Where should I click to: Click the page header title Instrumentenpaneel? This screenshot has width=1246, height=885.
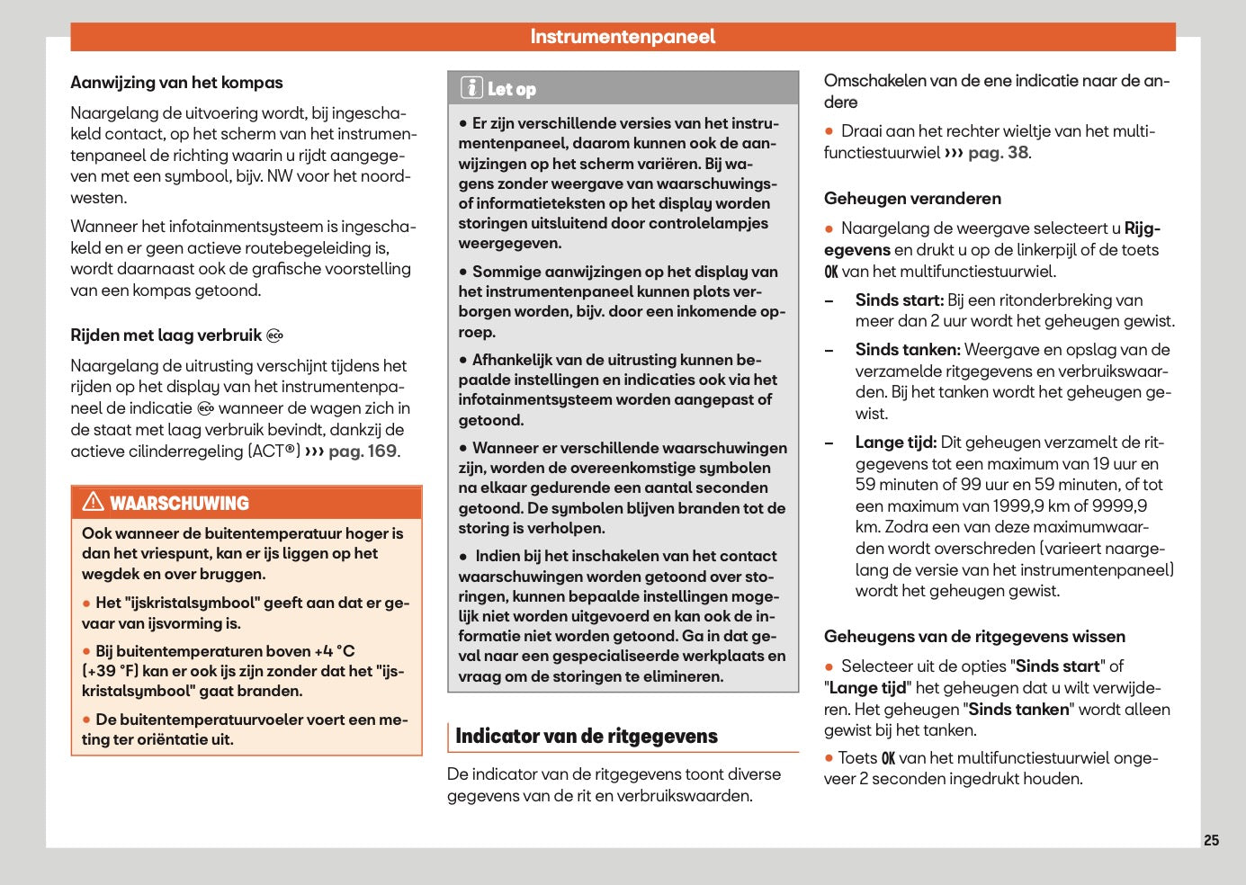(x=623, y=37)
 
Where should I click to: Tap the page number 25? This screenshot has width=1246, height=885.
(x=1211, y=840)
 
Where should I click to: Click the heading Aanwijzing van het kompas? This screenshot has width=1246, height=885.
(x=176, y=83)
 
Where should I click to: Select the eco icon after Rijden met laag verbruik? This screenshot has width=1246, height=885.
(x=275, y=336)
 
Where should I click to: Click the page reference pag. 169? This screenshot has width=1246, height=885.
(x=363, y=451)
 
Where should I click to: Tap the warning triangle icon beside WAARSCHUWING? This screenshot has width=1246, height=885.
(x=93, y=502)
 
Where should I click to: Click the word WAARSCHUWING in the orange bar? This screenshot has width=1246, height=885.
(x=179, y=504)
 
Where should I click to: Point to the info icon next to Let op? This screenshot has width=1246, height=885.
(x=471, y=88)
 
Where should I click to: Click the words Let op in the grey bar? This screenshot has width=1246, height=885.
(x=511, y=89)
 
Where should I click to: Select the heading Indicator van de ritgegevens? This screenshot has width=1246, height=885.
(x=587, y=737)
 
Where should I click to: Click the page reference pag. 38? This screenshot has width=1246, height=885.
(x=998, y=153)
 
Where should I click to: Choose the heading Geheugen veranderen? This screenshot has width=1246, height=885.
(x=912, y=199)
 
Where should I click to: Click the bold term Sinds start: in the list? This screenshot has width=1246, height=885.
(x=899, y=300)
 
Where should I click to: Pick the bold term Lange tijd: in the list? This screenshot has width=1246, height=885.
(x=895, y=442)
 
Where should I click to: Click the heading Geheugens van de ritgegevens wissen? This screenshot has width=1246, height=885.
(x=974, y=637)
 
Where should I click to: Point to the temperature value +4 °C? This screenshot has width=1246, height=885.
(x=334, y=651)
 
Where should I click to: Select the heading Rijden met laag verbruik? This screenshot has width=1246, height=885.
(x=166, y=335)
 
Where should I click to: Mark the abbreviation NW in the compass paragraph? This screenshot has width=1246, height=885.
(x=280, y=176)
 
